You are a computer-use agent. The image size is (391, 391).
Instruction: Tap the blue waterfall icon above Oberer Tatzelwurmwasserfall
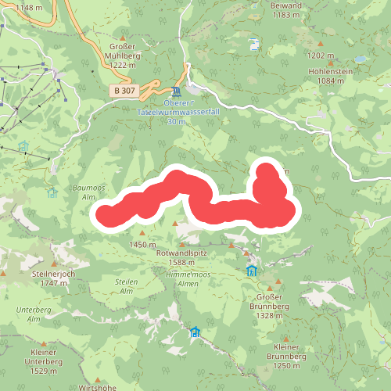click(x=174, y=91)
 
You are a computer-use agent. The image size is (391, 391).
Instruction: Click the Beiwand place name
click(x=285, y=5)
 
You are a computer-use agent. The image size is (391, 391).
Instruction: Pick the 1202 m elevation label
click(x=322, y=56)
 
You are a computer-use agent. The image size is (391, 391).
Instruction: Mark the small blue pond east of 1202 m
click(x=361, y=59)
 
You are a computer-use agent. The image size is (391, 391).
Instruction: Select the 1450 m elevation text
click(x=138, y=245)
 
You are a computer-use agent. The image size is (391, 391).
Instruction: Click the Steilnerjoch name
click(x=52, y=274)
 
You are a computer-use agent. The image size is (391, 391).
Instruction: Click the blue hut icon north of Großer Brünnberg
click(x=252, y=271)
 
